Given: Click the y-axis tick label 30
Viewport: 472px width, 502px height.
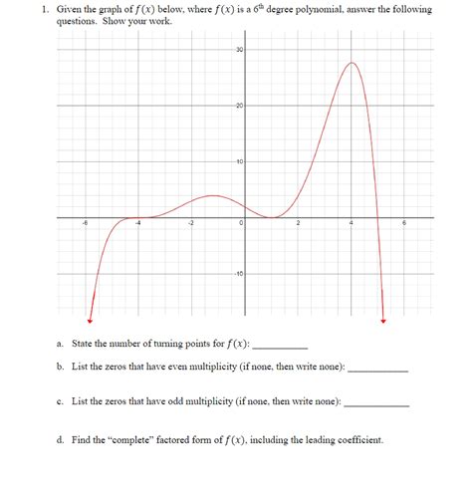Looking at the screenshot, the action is coord(239,51).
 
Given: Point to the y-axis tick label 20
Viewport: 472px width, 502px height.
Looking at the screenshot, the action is coord(239,107).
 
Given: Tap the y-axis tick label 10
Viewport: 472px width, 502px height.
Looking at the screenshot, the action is coord(239,162).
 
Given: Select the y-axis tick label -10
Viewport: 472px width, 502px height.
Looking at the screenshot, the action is coord(238,274).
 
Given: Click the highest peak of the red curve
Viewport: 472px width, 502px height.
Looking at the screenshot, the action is coord(352,63).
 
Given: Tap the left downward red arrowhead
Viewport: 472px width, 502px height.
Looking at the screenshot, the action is coord(91,320).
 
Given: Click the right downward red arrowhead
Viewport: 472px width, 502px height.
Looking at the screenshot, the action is coord(382,320).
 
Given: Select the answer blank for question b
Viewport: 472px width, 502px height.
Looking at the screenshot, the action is coord(378,370).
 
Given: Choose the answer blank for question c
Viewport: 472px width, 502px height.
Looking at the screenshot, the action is coord(375,404).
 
